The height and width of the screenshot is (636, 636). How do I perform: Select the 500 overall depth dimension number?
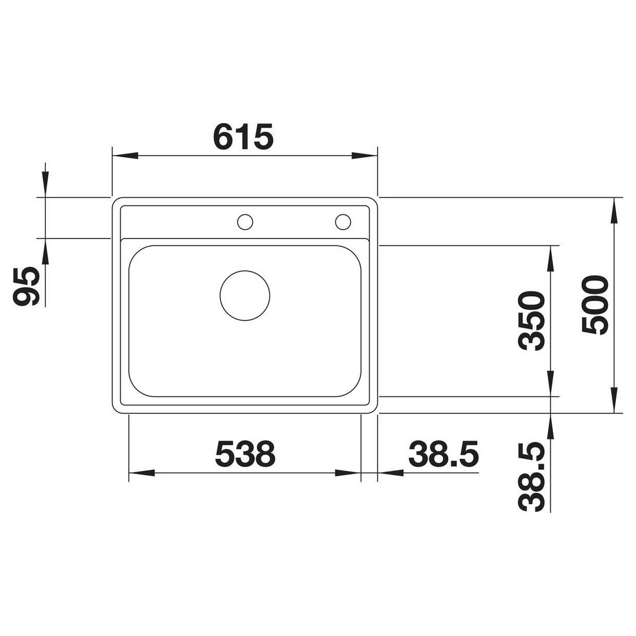595,305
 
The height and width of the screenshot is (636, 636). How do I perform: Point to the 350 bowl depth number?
532,321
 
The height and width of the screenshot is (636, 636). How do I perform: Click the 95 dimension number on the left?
26,286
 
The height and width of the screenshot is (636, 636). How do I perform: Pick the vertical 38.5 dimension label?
532,476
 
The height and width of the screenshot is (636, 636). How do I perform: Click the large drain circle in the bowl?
245,296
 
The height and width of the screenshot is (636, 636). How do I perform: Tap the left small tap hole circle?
245,222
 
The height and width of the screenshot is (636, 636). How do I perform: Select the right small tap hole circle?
343,222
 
